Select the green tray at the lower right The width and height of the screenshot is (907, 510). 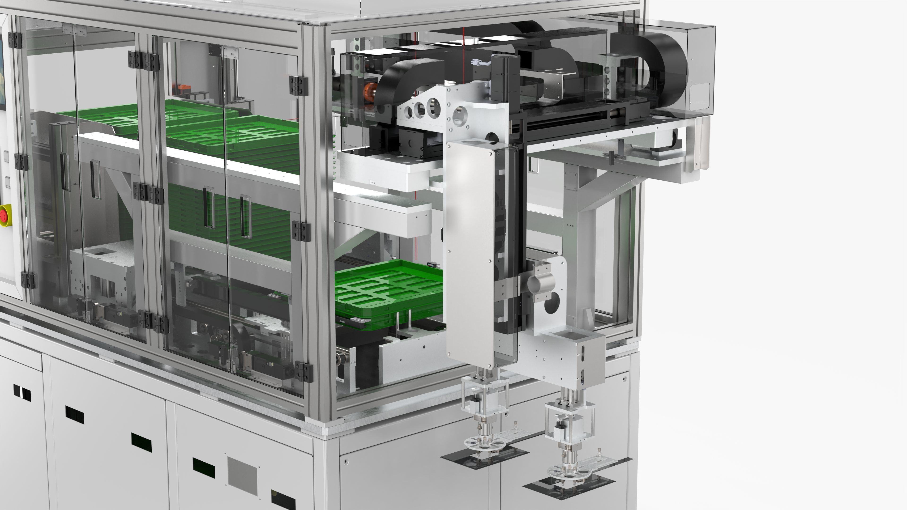point(387,292)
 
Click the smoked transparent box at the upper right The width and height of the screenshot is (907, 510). point(701,70)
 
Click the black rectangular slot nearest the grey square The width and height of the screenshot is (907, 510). point(204,468)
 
